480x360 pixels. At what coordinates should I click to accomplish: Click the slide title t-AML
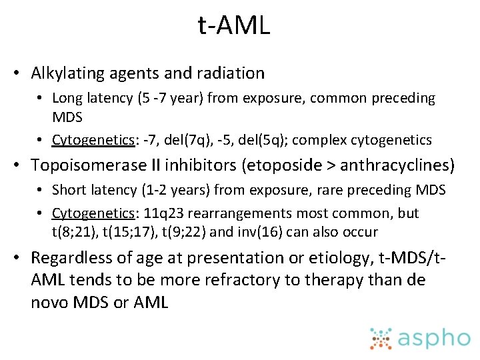[x=234, y=26]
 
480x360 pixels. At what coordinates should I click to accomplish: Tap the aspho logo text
[x=434, y=338]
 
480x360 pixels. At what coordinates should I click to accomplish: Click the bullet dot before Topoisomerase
[x=22, y=165]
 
